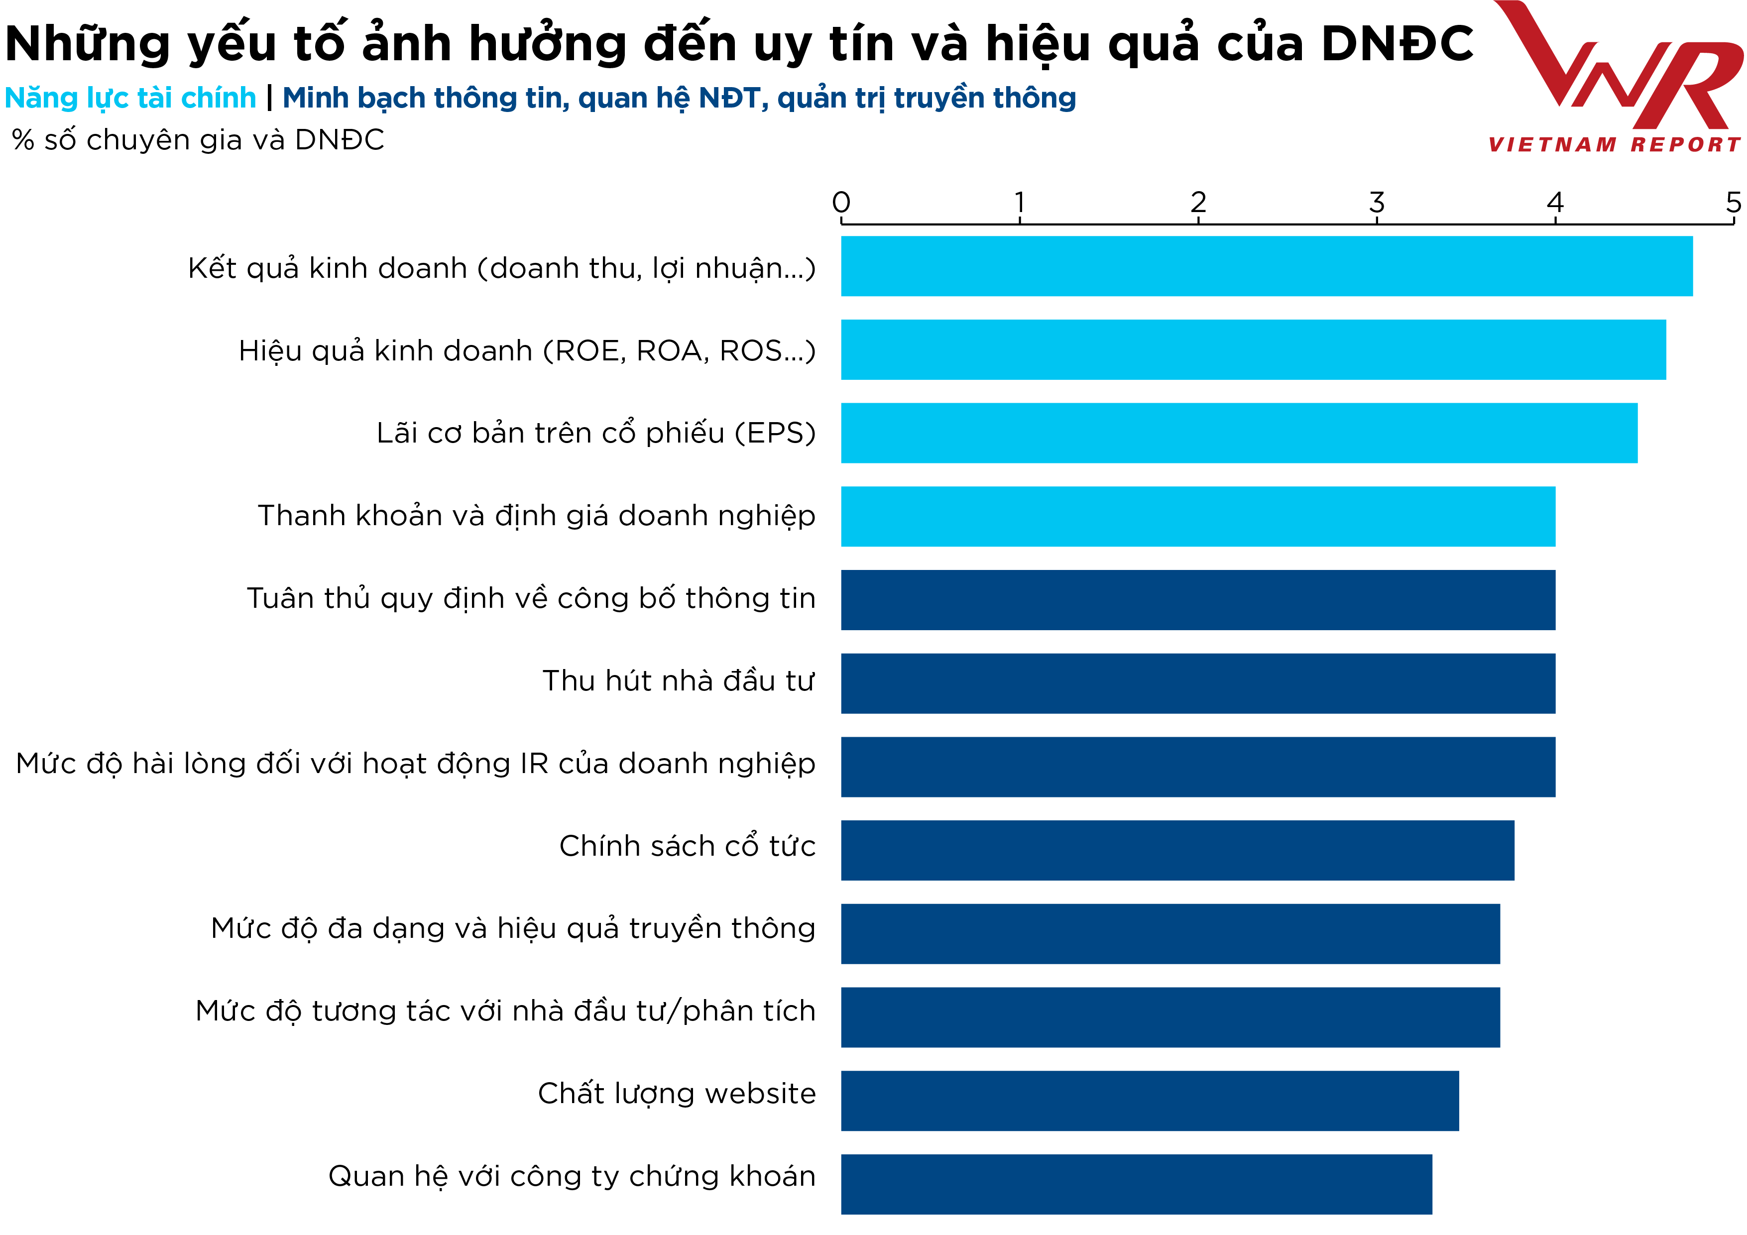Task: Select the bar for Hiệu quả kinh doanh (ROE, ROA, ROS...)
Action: [x=1253, y=349]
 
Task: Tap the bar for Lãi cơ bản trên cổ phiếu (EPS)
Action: [x=1239, y=433]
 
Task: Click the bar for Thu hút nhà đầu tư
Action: [x=1198, y=683]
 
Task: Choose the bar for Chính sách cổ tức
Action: [x=1177, y=850]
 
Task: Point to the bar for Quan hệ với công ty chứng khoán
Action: [x=1136, y=1184]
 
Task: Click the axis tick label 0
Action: [x=841, y=203]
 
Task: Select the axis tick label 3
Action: [x=1377, y=203]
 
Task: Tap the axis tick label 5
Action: [x=1733, y=203]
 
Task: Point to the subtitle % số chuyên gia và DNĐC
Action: [x=198, y=140]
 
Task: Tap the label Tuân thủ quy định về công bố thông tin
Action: [x=531, y=599]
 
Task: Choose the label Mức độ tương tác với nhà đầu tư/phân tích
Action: [x=505, y=1011]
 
